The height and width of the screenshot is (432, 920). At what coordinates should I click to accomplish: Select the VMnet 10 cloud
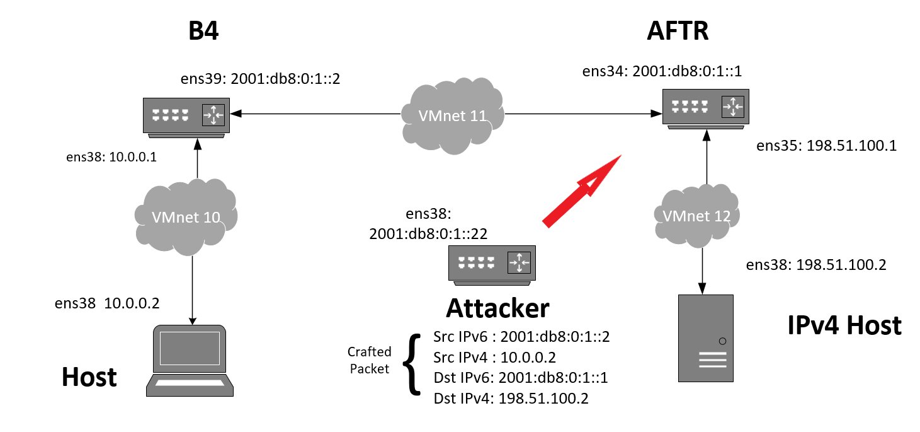[186, 217]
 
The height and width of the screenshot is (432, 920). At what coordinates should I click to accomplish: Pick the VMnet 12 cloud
[696, 216]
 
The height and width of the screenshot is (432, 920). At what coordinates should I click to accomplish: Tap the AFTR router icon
[706, 107]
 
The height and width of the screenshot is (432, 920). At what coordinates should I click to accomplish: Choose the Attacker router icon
[492, 263]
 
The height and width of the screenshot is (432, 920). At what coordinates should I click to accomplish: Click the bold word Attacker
[497, 308]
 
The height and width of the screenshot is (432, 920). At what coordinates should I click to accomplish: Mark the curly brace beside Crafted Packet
[412, 365]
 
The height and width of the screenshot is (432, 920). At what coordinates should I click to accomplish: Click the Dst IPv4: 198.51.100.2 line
[511, 399]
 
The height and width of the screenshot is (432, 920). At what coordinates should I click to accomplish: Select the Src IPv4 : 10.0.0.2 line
[495, 358]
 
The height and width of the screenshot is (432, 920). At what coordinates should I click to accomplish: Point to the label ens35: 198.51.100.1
[826, 146]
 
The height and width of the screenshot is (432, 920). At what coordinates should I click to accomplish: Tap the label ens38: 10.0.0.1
[111, 157]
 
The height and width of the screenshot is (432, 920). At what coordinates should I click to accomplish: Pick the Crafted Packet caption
[370, 360]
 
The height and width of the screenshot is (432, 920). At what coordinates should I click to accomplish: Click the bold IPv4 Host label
[844, 326]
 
